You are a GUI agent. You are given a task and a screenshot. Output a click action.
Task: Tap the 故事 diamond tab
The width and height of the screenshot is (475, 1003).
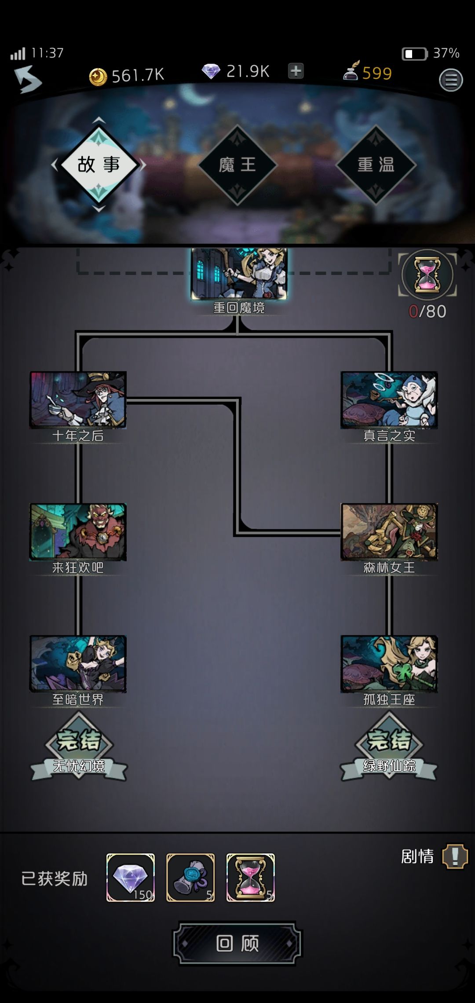[x=99, y=165]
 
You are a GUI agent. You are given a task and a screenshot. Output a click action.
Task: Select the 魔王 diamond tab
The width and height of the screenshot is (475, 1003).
[x=237, y=165]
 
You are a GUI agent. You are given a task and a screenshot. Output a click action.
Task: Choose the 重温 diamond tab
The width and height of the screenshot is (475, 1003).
[x=376, y=165]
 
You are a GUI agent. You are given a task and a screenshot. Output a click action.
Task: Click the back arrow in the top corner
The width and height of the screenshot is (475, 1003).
[x=28, y=79]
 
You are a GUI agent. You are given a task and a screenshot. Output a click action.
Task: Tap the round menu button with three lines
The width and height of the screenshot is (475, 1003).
[x=451, y=80]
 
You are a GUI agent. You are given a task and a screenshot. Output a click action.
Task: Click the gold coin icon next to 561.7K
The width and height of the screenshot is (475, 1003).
[x=98, y=77]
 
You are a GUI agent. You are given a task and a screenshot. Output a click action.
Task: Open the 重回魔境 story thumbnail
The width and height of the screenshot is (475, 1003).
[x=239, y=274]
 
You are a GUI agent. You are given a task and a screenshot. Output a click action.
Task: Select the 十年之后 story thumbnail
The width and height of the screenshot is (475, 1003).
[x=78, y=400]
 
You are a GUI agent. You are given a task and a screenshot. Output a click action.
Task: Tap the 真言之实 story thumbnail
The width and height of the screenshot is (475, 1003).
[x=389, y=400]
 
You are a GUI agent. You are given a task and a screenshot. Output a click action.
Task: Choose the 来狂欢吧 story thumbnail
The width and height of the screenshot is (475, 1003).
[x=78, y=532]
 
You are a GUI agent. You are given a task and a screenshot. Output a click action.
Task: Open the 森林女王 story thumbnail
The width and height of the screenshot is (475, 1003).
[x=389, y=532]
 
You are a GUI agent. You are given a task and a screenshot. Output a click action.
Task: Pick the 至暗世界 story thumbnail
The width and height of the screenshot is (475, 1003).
[x=78, y=664]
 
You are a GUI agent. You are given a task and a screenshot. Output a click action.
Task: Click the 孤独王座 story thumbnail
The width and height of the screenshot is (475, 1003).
[x=389, y=664]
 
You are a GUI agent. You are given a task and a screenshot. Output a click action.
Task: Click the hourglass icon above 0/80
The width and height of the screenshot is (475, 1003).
[x=427, y=275]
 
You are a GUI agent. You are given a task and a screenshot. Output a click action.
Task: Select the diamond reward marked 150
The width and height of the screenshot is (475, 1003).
[x=131, y=878]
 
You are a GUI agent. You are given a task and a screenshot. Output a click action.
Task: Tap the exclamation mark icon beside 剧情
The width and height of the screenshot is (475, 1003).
[x=455, y=857]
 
